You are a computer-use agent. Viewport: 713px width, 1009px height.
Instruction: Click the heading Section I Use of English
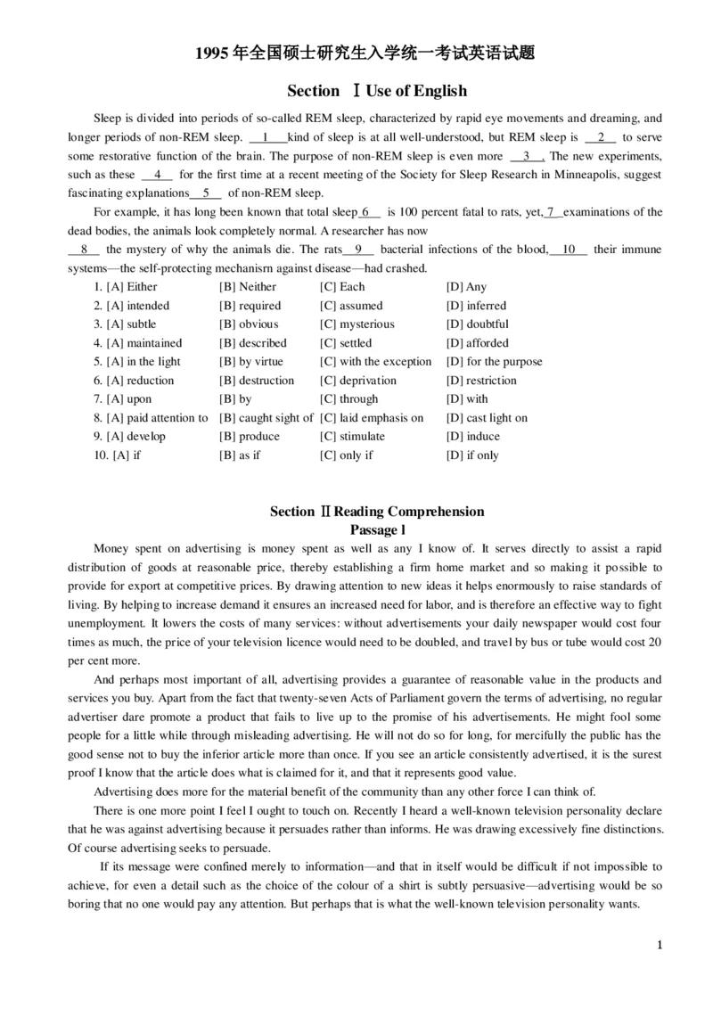point(377,91)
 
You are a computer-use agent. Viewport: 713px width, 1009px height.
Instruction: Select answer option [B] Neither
point(248,287)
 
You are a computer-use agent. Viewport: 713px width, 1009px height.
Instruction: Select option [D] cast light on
point(487,418)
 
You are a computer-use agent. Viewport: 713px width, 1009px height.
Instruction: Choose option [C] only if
point(346,455)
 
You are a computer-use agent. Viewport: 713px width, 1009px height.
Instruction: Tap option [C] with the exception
point(375,362)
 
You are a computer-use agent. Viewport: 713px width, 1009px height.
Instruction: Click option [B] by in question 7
point(235,399)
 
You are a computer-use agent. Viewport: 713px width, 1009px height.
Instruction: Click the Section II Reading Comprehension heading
point(377,512)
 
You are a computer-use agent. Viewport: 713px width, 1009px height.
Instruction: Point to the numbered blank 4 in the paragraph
point(157,175)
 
